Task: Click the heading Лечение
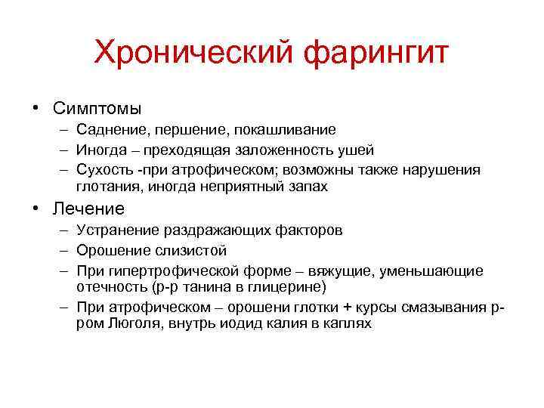coord(88,208)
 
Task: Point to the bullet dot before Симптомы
coord(36,107)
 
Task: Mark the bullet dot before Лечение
coord(36,208)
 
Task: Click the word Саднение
coord(109,131)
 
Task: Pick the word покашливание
coord(283,131)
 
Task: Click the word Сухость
coord(103,168)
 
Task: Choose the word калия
coord(291,324)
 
